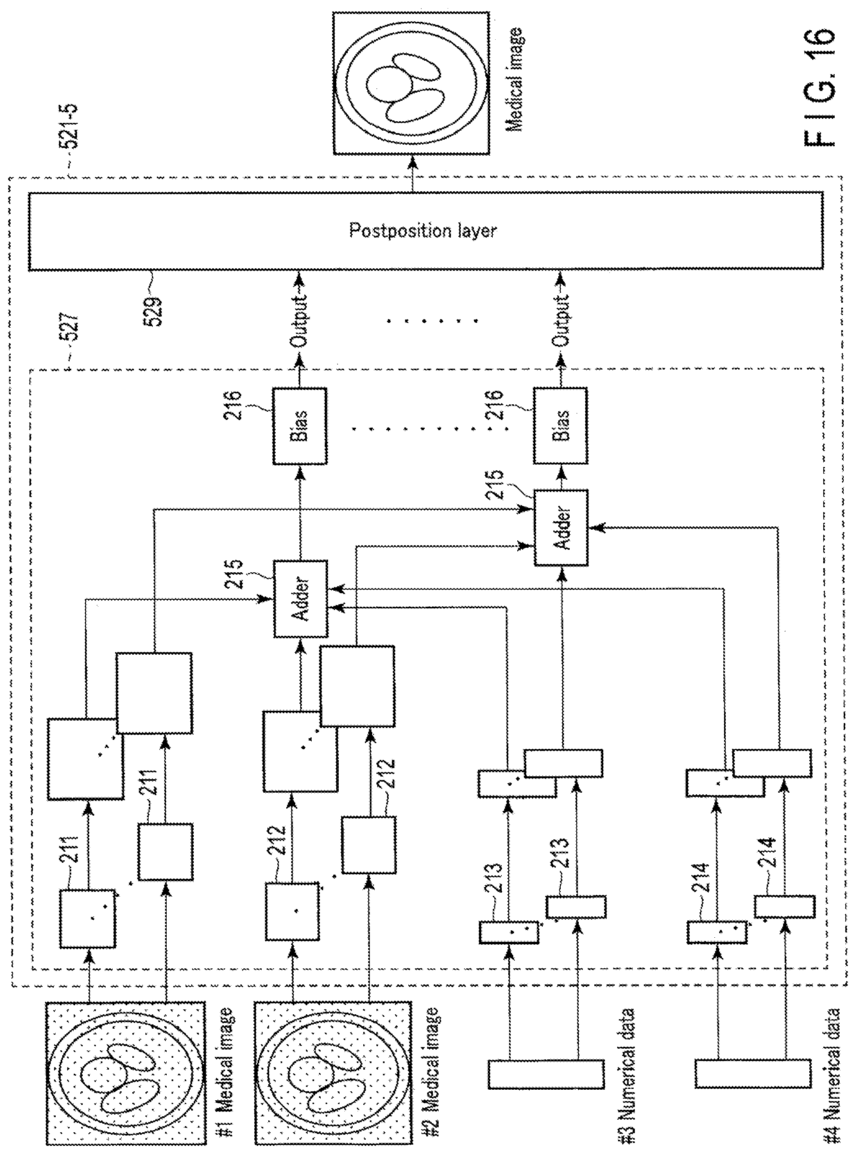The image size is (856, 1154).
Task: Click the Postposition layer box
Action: click(x=425, y=231)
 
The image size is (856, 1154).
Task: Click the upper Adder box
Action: click(x=301, y=599)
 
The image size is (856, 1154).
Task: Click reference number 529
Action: click(x=154, y=310)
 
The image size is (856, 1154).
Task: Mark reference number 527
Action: click(x=72, y=326)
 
